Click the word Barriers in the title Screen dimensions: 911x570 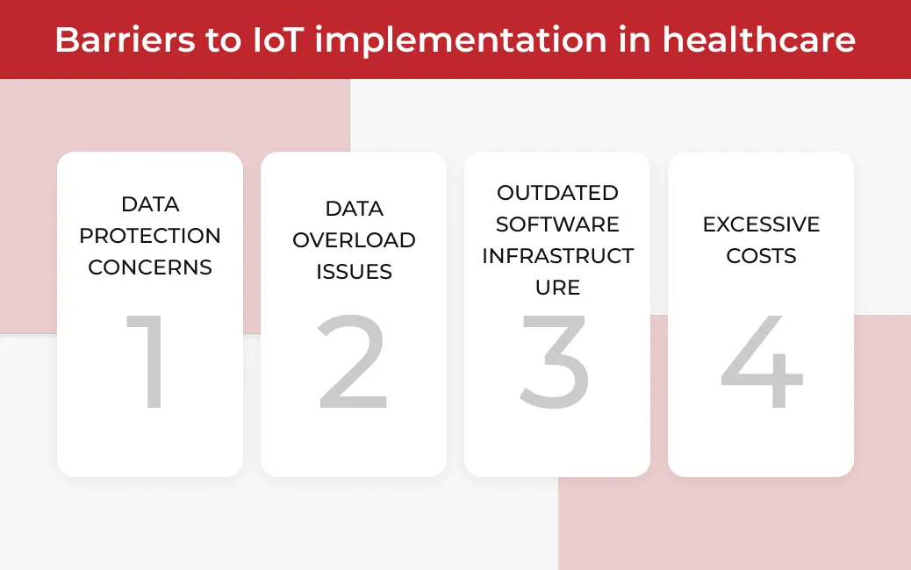(x=125, y=39)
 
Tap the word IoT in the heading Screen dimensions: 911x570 (x=278, y=39)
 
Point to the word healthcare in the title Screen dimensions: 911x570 (x=759, y=39)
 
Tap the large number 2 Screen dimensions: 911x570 (x=353, y=361)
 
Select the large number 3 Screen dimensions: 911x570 (x=555, y=361)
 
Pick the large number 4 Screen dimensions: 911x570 (x=762, y=361)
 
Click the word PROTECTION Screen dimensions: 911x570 (x=150, y=236)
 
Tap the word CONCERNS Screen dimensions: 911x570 (x=150, y=267)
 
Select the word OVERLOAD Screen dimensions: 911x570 (x=354, y=240)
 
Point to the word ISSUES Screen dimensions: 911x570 (x=354, y=272)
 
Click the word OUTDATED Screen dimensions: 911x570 (x=558, y=193)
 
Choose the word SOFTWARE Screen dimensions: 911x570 (x=558, y=224)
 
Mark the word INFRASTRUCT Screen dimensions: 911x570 (x=558, y=256)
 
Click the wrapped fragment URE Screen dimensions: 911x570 (x=558, y=288)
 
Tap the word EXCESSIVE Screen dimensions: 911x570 (x=761, y=224)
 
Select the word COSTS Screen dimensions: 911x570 (x=761, y=256)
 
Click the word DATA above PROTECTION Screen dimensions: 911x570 (x=150, y=204)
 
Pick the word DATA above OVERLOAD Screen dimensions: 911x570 (x=354, y=209)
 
